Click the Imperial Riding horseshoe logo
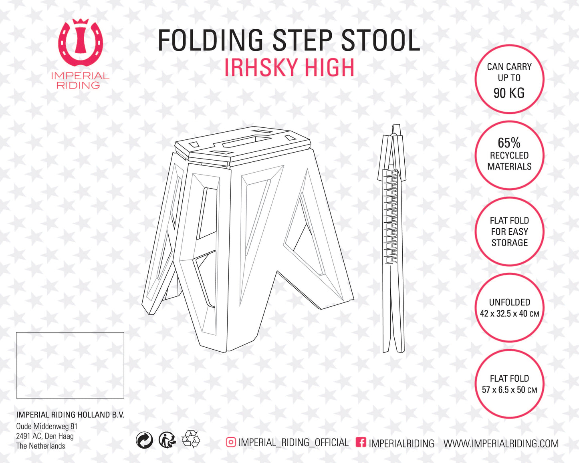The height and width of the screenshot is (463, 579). [80, 43]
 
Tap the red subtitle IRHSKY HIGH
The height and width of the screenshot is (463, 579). [289, 67]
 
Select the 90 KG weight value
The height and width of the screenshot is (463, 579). [509, 93]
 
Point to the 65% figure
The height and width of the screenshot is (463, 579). [509, 143]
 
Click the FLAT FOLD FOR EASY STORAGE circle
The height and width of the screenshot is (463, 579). [509, 231]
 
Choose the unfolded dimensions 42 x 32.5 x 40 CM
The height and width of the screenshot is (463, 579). [509, 314]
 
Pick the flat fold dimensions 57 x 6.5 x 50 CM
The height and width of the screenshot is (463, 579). [509, 390]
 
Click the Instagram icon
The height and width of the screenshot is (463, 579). [231, 442]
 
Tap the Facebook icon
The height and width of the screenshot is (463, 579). [361, 442]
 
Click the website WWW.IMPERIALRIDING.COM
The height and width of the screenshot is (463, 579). [500, 443]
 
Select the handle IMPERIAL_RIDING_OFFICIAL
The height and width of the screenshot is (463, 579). [293, 443]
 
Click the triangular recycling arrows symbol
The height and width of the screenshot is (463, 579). [191, 439]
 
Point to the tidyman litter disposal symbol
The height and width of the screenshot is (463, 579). [167, 440]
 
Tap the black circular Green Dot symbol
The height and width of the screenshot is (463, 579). [144, 440]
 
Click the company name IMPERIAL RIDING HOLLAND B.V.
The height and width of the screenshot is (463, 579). [70, 415]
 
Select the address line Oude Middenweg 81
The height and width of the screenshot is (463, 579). [46, 426]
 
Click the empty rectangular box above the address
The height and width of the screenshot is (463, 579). [70, 365]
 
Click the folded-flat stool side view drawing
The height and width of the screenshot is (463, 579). [393, 240]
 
